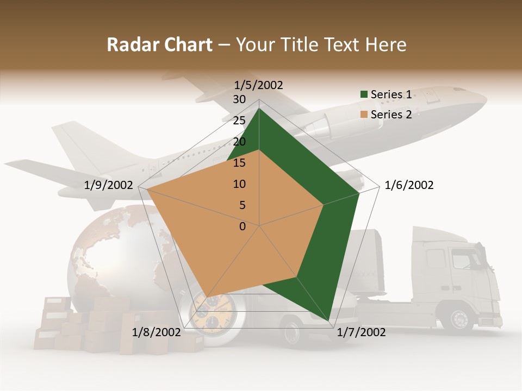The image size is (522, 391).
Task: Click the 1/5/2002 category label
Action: coord(259,85)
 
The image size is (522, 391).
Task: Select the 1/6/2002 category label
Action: coord(409,185)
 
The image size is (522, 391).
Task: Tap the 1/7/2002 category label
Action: coord(361,332)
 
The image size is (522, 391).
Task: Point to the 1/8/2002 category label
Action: coord(157,332)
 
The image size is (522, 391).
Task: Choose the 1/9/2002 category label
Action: coord(109,185)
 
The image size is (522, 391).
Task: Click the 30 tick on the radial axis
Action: coord(239,99)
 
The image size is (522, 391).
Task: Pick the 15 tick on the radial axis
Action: coord(239,163)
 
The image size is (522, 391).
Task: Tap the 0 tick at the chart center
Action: coord(243,226)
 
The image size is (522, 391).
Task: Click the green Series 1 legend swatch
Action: coord(364,94)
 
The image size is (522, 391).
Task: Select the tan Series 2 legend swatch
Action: coord(364,115)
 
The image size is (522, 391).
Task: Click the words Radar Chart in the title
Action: coord(159,45)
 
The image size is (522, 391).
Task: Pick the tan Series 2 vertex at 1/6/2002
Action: coord(324,205)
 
